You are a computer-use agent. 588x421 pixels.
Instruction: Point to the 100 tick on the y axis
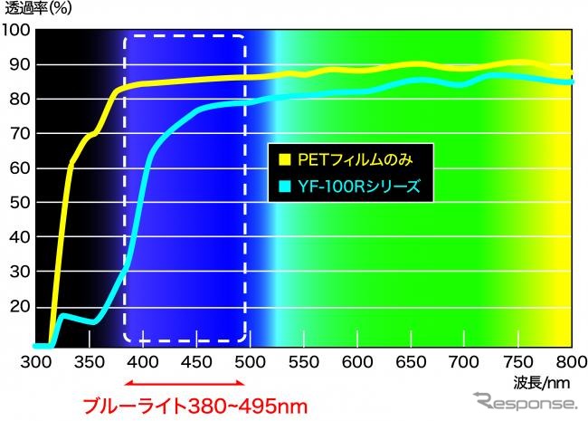click(16, 30)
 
